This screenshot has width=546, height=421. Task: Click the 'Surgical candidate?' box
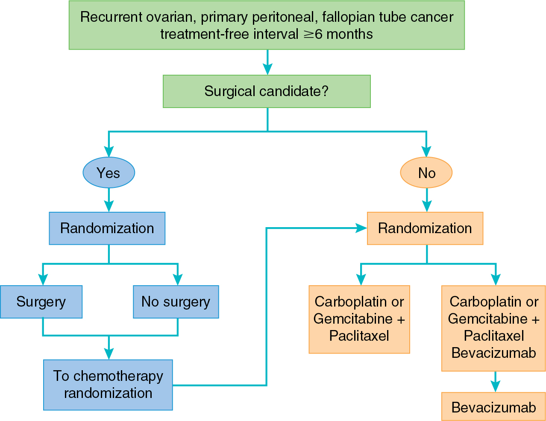(x=267, y=91)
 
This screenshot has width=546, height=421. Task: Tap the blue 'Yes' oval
(x=109, y=173)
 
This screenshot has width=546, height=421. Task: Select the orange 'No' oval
(x=426, y=173)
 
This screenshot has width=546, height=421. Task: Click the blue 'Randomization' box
(x=107, y=228)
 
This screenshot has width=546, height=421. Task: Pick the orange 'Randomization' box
(x=425, y=228)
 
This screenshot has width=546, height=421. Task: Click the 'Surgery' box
(x=41, y=302)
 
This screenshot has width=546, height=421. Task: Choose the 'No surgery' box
(x=176, y=302)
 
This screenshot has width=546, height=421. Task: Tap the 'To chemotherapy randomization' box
(x=108, y=385)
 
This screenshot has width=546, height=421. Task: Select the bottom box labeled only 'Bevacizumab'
(x=493, y=407)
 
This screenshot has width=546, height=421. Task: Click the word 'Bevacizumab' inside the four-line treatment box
(x=493, y=353)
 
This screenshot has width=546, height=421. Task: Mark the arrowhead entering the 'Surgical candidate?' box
(x=267, y=69)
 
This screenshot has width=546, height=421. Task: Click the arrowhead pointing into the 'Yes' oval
(x=109, y=152)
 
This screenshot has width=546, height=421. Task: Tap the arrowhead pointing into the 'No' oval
(x=426, y=152)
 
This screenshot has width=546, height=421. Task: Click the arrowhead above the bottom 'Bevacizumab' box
(x=496, y=386)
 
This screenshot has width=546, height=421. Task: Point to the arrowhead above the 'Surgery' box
(x=43, y=280)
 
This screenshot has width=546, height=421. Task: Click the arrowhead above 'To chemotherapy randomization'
(x=109, y=354)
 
